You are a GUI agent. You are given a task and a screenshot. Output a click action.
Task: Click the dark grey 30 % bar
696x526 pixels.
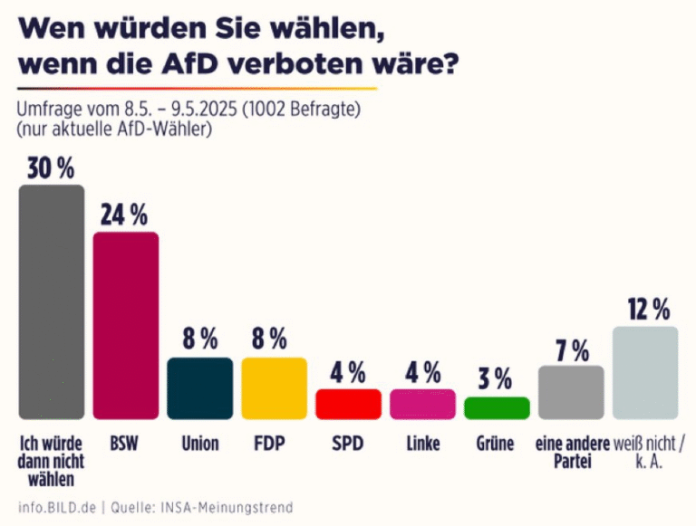[52, 301]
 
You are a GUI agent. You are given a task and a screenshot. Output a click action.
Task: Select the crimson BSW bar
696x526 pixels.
[126, 325]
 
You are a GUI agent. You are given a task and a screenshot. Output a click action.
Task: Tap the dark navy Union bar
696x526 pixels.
[200, 387]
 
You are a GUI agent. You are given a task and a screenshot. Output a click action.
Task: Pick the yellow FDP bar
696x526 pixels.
[275, 387]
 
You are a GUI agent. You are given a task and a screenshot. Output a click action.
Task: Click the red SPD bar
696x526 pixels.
[348, 404]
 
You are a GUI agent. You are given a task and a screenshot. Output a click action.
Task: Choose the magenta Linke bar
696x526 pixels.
[422, 404]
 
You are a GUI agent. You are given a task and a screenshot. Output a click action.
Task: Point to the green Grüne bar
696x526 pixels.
[497, 407]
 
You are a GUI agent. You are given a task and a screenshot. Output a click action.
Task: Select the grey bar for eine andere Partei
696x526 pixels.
[571, 392]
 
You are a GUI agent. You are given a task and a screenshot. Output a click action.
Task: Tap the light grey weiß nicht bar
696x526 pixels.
[645, 372]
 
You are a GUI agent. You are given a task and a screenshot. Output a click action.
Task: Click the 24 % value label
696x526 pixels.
[126, 215]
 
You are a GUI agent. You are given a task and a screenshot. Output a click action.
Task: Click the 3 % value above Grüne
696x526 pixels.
[497, 378]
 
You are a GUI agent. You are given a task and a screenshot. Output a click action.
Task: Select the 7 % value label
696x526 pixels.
[571, 349]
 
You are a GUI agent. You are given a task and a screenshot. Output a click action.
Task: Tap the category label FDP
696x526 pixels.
[275, 445]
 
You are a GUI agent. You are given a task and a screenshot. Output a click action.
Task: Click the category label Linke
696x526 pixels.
[422, 445]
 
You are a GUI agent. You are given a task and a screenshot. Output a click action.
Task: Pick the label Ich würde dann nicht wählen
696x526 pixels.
[52, 462]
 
